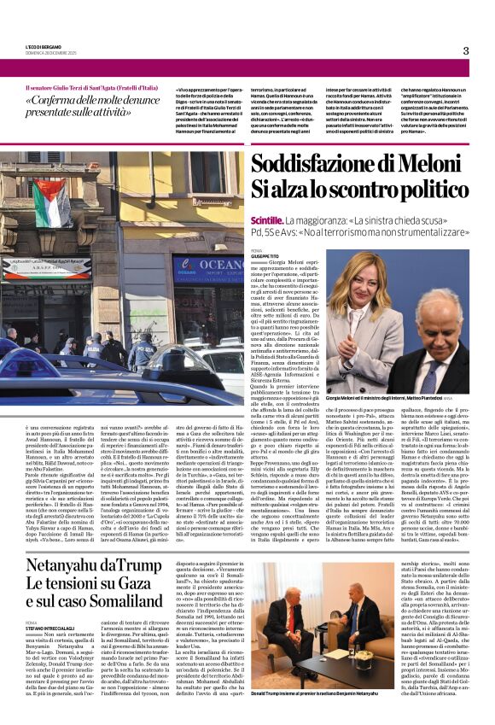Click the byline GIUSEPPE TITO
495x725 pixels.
(x=265, y=256)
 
